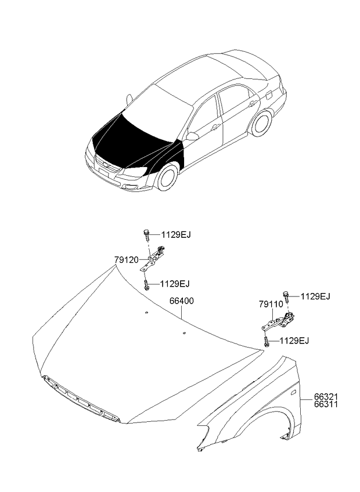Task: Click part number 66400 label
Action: point(182,301)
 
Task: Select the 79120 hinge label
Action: point(126,260)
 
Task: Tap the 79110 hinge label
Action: point(271,304)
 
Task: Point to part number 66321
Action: point(326,397)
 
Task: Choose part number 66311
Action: point(326,404)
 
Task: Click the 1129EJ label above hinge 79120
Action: point(176,235)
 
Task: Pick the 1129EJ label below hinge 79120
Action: point(175,284)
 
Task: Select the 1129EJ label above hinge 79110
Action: point(315,296)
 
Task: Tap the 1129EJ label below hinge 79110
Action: point(294,341)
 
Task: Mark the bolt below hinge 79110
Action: point(267,342)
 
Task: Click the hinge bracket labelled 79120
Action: point(153,259)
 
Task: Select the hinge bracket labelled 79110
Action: point(278,321)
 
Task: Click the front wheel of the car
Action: point(167,176)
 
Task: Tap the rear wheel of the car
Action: point(261,124)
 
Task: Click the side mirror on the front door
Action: point(192,136)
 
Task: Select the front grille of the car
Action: point(107,166)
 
